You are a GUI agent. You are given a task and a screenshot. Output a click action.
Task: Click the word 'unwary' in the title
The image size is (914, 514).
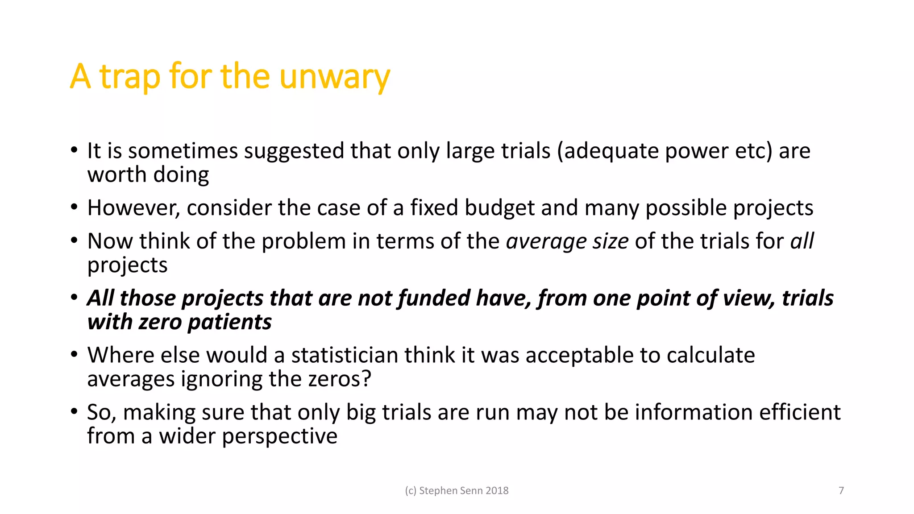[335, 77]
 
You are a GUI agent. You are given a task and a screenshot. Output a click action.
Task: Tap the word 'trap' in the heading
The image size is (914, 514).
[129, 77]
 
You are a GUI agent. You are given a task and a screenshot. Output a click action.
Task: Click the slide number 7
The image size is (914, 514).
[841, 491]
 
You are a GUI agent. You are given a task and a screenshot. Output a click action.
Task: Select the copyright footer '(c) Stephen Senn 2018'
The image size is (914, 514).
[457, 491]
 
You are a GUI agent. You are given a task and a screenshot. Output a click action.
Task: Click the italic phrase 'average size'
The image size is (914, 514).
[567, 241]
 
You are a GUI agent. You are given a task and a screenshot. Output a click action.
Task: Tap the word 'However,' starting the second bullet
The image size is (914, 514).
[133, 208]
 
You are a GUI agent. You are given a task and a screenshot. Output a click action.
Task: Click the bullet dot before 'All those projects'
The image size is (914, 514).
[75, 298]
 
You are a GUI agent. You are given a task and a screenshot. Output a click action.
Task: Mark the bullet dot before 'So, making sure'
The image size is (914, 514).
[75, 412]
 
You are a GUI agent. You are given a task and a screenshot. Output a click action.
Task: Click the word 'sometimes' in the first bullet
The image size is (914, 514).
[183, 151]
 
